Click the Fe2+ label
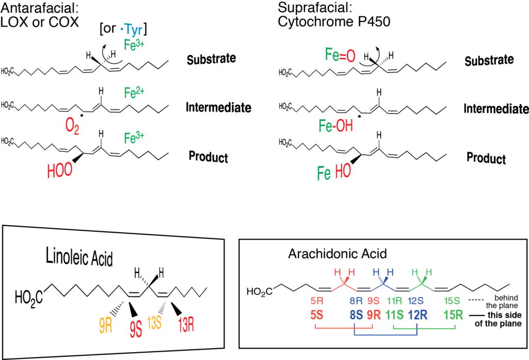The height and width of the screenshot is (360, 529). (x=135, y=92)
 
